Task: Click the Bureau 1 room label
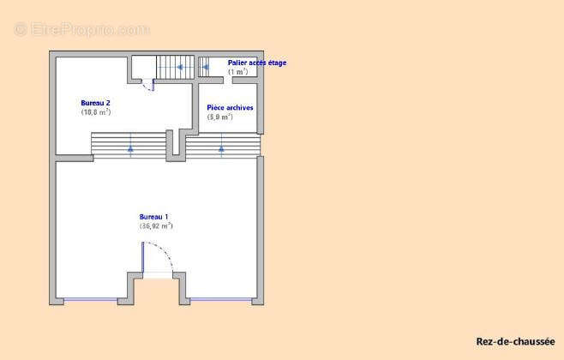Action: pos(154,217)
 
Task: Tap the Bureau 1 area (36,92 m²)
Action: pos(156,226)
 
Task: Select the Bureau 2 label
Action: pos(95,102)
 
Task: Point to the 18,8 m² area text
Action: pos(96,111)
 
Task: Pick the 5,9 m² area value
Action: pos(220,117)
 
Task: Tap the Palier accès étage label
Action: pos(257,63)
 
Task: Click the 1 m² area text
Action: pos(237,72)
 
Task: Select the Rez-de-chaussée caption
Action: pos(514,340)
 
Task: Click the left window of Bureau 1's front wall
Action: pos(90,299)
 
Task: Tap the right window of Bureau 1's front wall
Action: pos(220,299)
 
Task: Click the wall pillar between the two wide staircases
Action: pos(175,144)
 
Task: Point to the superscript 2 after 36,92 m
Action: pos(171,225)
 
